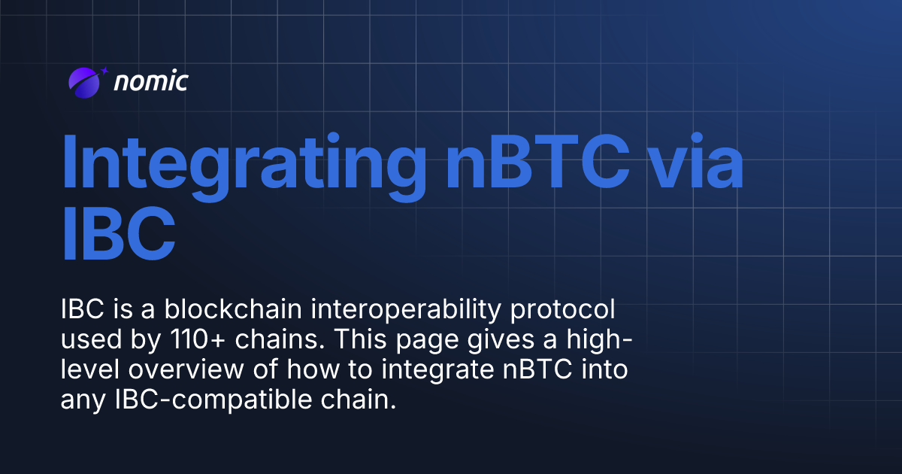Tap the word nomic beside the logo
click(x=150, y=82)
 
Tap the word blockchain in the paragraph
click(x=205, y=310)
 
